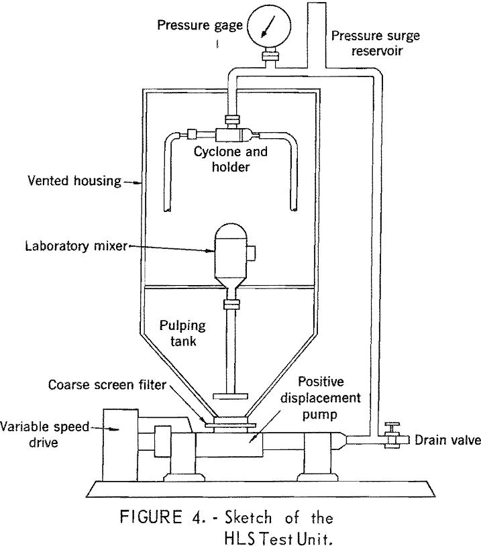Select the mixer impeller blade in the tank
230,396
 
